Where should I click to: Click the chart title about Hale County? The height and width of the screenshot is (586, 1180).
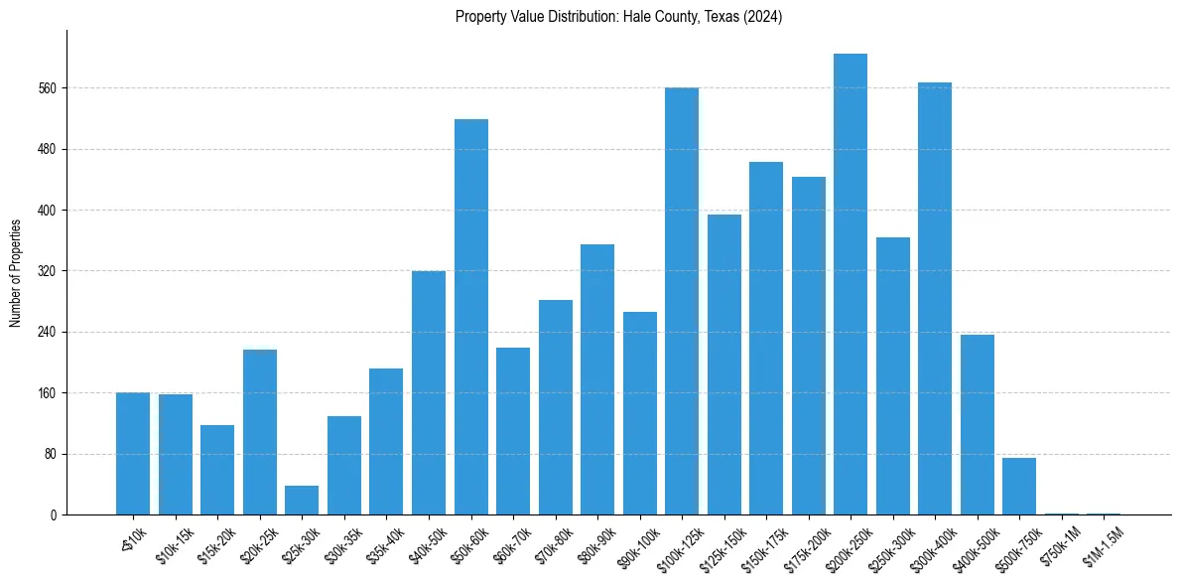pyautogui.click(x=618, y=17)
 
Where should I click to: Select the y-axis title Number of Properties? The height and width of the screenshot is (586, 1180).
pyautogui.click(x=16, y=272)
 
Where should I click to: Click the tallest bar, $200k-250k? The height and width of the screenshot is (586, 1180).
pyautogui.click(x=851, y=284)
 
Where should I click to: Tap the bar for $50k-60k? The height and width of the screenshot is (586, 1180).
pyautogui.click(x=470, y=317)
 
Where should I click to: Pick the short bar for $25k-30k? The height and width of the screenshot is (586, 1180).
pyautogui.click(x=302, y=501)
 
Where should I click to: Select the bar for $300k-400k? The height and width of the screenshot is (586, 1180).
pyautogui.click(x=935, y=298)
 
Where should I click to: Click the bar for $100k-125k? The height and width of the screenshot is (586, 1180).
pyautogui.click(x=682, y=301)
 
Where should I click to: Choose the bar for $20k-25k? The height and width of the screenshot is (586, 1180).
pyautogui.click(x=260, y=432)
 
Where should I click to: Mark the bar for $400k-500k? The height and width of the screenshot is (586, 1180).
pyautogui.click(x=977, y=425)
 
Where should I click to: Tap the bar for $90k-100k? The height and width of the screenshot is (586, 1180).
pyautogui.click(x=639, y=413)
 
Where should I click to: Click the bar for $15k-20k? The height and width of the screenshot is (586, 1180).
pyautogui.click(x=217, y=470)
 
